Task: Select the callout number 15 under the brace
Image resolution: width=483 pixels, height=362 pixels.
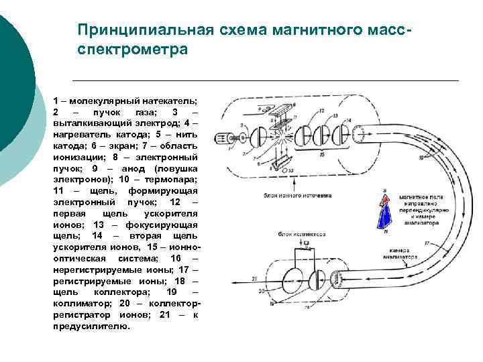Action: click(323, 154)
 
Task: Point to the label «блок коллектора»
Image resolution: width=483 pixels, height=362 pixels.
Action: click(302, 235)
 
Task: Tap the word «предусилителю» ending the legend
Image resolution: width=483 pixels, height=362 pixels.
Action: click(90, 326)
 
